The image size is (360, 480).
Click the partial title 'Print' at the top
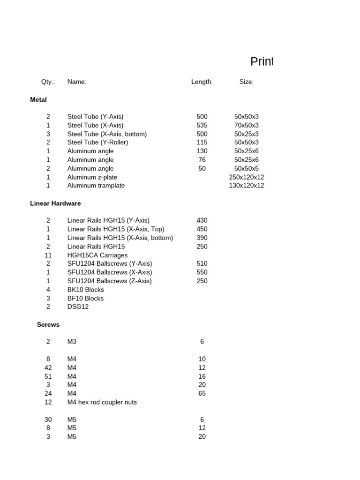(x=261, y=62)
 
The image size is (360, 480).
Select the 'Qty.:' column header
(x=48, y=82)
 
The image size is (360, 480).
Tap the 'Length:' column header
(x=202, y=82)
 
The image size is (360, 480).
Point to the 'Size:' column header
(x=247, y=82)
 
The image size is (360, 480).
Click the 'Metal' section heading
(x=38, y=100)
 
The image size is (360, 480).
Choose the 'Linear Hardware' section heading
(x=55, y=203)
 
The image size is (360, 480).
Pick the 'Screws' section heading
(x=48, y=324)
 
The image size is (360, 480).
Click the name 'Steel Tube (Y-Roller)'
(x=97, y=142)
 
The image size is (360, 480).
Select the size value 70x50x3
(x=247, y=125)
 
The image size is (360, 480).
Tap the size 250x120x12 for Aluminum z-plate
(x=247, y=177)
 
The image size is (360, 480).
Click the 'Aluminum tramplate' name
(x=96, y=186)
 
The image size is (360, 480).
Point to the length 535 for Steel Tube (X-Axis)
(x=202, y=125)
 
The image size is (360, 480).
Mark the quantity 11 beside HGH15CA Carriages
(x=48, y=255)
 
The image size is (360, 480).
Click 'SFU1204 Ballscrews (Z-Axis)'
(x=110, y=281)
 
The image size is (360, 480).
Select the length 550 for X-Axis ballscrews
(x=202, y=272)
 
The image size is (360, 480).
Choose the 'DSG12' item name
(x=78, y=307)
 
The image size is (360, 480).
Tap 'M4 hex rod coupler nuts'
(x=102, y=402)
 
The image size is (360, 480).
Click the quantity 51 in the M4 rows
(x=48, y=376)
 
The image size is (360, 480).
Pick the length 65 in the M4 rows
(x=202, y=394)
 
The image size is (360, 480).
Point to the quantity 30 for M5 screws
(x=48, y=420)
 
